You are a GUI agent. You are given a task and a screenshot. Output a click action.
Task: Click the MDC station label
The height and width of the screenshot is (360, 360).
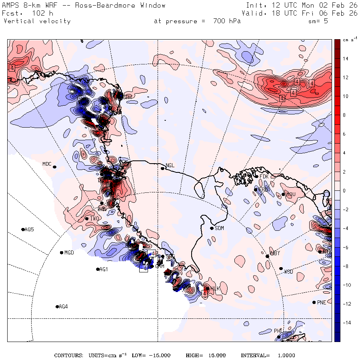click(47, 164)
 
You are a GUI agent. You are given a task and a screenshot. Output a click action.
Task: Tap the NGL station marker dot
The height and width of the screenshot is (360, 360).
click(163, 168)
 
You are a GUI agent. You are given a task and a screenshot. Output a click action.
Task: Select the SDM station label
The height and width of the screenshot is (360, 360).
click(219, 228)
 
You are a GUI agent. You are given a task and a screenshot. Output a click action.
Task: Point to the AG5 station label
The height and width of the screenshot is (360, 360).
click(29, 230)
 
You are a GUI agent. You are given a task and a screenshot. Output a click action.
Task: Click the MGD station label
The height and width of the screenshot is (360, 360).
click(69, 253)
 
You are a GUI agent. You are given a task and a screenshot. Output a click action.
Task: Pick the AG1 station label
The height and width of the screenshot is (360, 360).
click(104, 270)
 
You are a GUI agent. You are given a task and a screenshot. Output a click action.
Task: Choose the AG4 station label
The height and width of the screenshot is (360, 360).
click(63, 307)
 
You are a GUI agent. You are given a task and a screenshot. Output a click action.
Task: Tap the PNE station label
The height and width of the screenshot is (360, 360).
click(322, 302)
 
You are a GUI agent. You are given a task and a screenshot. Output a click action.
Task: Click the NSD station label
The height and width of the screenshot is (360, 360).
click(288, 272)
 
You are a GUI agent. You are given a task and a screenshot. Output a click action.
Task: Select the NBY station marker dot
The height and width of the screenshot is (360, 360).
click(268, 256)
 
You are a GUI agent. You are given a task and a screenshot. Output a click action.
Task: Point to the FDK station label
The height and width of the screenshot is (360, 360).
click(264, 176)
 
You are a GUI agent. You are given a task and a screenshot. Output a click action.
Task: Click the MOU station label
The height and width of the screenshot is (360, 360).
click(291, 195)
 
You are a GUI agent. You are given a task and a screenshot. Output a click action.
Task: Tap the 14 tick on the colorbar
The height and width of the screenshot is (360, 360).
click(345, 59)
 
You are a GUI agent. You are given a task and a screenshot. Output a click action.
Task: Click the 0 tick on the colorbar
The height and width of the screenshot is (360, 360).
click(344, 190)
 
